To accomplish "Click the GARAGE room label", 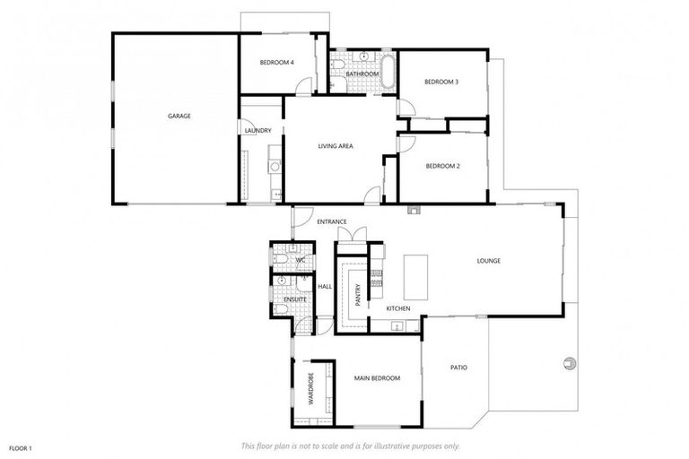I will [x=179, y=116].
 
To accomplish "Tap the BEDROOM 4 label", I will [x=276, y=62].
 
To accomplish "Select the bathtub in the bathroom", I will [x=388, y=73].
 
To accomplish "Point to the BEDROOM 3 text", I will [x=441, y=82].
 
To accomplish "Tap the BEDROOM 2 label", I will [x=442, y=166].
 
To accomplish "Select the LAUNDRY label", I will [x=257, y=131].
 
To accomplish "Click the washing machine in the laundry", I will [x=275, y=166].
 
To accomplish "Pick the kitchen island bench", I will [x=415, y=276].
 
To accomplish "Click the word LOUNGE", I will [x=488, y=261].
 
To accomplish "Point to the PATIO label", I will [x=458, y=368].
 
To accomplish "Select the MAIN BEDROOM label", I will [x=376, y=378].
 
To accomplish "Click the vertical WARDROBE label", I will [x=310, y=389].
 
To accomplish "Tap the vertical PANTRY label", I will [x=357, y=297].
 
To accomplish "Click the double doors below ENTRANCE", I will [x=352, y=235].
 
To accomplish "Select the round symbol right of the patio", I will [x=569, y=362].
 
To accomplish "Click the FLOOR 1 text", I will [x=20, y=446].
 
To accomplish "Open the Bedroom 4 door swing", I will [x=304, y=87].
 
